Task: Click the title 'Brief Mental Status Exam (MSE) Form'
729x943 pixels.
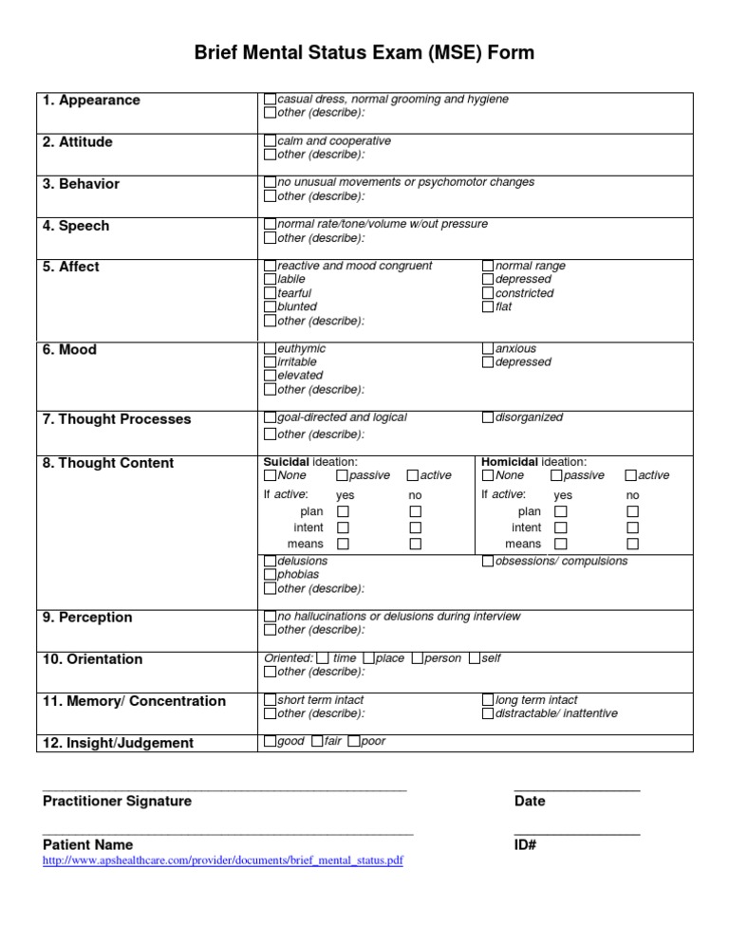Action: [x=364, y=53]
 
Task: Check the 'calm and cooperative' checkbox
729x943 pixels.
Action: [x=270, y=141]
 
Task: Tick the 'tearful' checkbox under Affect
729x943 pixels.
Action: [x=270, y=294]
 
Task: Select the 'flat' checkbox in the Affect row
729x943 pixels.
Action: [x=488, y=307]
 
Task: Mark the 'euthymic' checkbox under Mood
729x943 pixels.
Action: [x=270, y=349]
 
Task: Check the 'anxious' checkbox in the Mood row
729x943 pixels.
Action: [x=488, y=349]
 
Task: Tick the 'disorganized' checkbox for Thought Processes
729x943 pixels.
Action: [x=488, y=417]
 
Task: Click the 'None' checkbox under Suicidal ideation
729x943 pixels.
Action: [x=270, y=475]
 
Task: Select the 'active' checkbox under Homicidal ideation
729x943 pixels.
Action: [x=631, y=475]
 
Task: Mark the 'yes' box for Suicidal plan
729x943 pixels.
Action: [x=343, y=511]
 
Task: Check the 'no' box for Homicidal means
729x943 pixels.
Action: [x=633, y=544]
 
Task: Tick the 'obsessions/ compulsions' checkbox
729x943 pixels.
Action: [x=488, y=562]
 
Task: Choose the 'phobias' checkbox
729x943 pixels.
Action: [x=270, y=575]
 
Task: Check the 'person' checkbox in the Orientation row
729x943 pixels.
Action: [x=418, y=658]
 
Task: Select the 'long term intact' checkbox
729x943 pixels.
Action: [x=488, y=700]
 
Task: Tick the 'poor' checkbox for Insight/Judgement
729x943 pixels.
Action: [x=354, y=742]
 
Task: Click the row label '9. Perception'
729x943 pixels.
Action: [x=86, y=618]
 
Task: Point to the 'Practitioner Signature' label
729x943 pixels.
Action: [x=117, y=802]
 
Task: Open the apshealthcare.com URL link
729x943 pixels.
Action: [x=223, y=861]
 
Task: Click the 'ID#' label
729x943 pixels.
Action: [x=526, y=845]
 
